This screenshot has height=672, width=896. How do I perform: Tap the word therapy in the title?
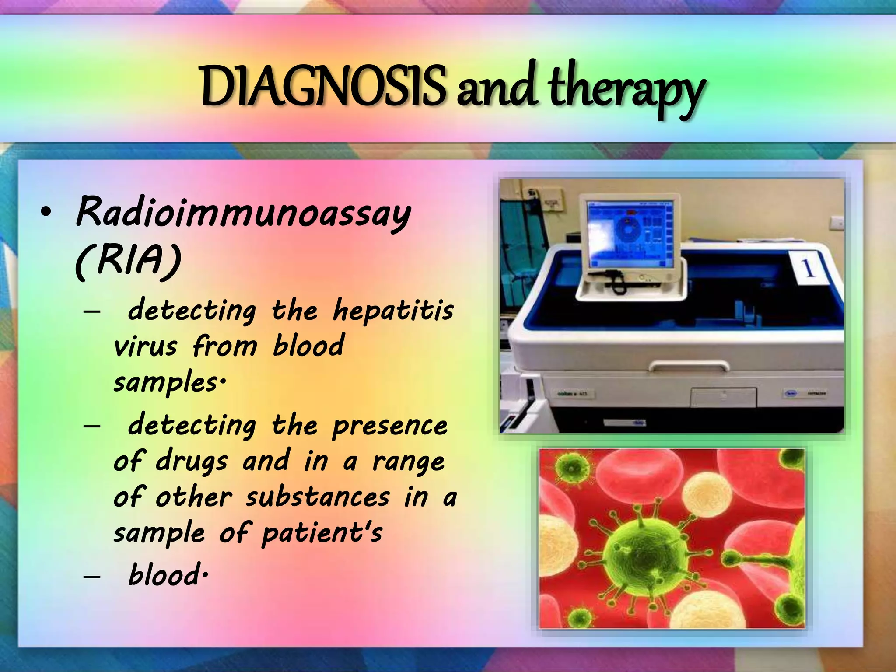pos(626,90)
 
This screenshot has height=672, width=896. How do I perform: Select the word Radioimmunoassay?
pos(243,213)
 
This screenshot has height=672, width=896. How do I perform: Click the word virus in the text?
pos(145,346)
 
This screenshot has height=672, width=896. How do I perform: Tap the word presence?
pos(389,426)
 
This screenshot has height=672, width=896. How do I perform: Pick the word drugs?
pos(192,462)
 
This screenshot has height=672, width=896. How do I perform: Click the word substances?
pos(317,498)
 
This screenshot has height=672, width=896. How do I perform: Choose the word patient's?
pos(322,534)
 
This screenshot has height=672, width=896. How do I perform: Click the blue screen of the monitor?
pos(629,234)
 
